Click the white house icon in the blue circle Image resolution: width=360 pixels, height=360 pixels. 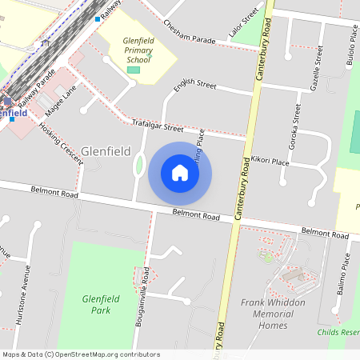tap(180, 172)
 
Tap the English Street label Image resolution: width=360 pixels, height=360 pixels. tap(196, 85)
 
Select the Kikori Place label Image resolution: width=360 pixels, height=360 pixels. tap(270, 161)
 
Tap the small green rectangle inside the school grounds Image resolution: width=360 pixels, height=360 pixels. tap(133, 71)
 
